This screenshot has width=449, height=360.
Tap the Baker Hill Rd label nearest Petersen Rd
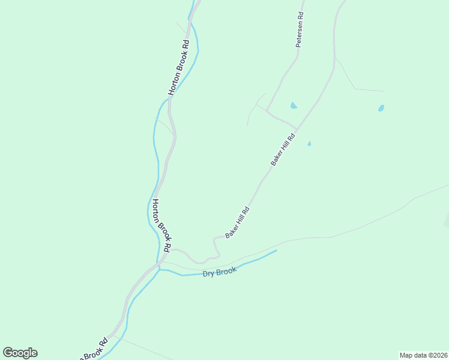click(x=283, y=149)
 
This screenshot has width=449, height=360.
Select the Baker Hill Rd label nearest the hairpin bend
click(x=237, y=223)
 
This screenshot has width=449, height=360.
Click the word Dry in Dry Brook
click(x=208, y=274)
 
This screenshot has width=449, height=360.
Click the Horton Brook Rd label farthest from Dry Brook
click(x=179, y=67)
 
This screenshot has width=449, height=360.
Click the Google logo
click(x=20, y=353)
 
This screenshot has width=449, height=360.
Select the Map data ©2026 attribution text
click(x=423, y=355)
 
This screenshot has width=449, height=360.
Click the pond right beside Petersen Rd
click(x=293, y=106)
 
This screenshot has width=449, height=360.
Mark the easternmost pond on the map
click(x=381, y=109)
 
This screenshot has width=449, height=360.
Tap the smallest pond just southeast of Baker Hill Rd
click(x=309, y=144)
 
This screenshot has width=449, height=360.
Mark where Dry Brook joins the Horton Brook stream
click(x=158, y=269)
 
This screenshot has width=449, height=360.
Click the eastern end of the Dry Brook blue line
click(x=276, y=251)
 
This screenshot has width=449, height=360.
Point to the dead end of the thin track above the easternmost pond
click(x=383, y=91)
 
